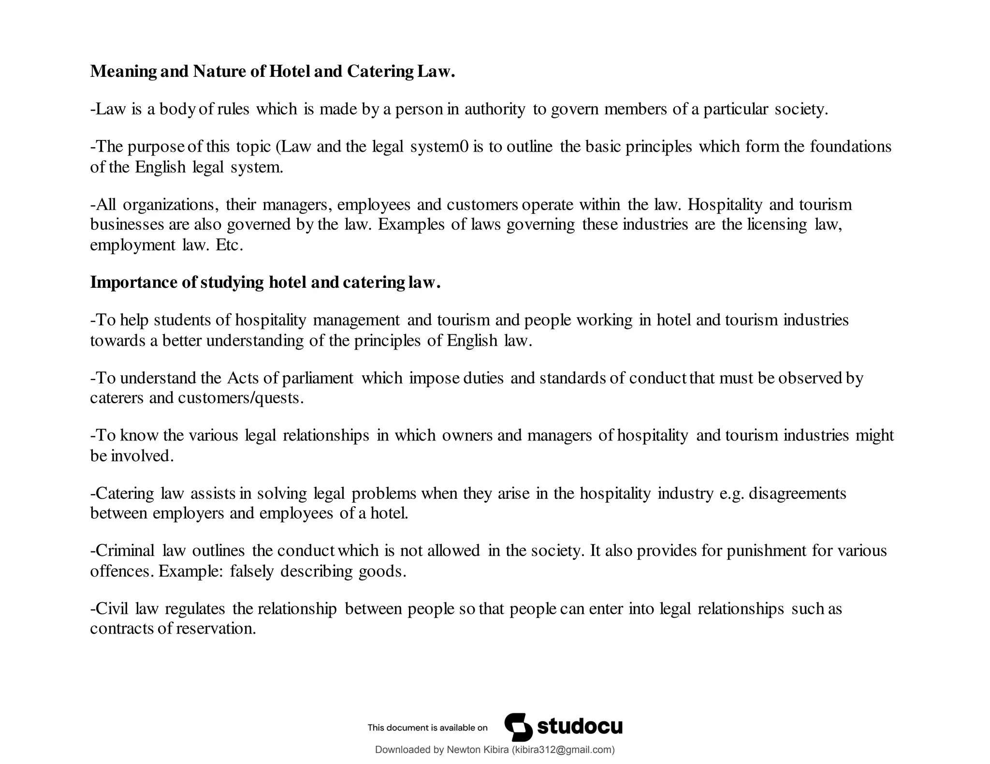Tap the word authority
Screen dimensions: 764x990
tap(495, 109)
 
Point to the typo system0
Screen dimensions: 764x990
tap(439, 146)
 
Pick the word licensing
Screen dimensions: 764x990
tap(777, 225)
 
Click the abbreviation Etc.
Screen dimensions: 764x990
tap(229, 245)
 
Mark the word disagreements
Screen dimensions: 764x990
tap(797, 494)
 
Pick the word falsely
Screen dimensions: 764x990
tap(252, 571)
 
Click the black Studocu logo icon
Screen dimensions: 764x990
tap(518, 727)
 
